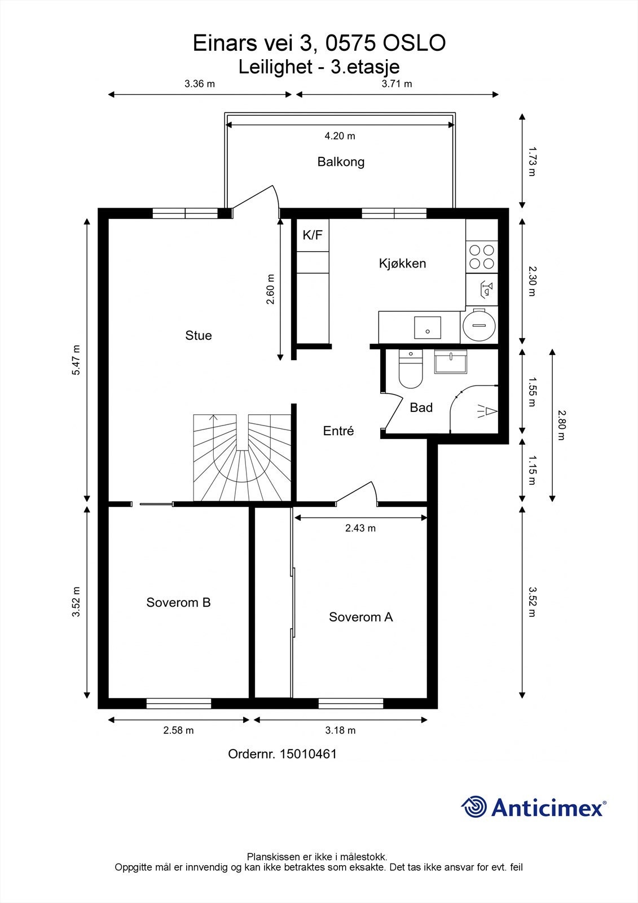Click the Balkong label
341,162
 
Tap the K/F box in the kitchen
313,235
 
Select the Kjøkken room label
402,264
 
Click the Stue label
199,336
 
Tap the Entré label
338,431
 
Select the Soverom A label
360,617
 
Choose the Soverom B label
178,603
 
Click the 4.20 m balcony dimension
340,136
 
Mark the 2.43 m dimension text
360,528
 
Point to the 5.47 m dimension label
76,360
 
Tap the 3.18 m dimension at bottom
340,730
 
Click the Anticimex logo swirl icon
474,806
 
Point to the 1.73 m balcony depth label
531,161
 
